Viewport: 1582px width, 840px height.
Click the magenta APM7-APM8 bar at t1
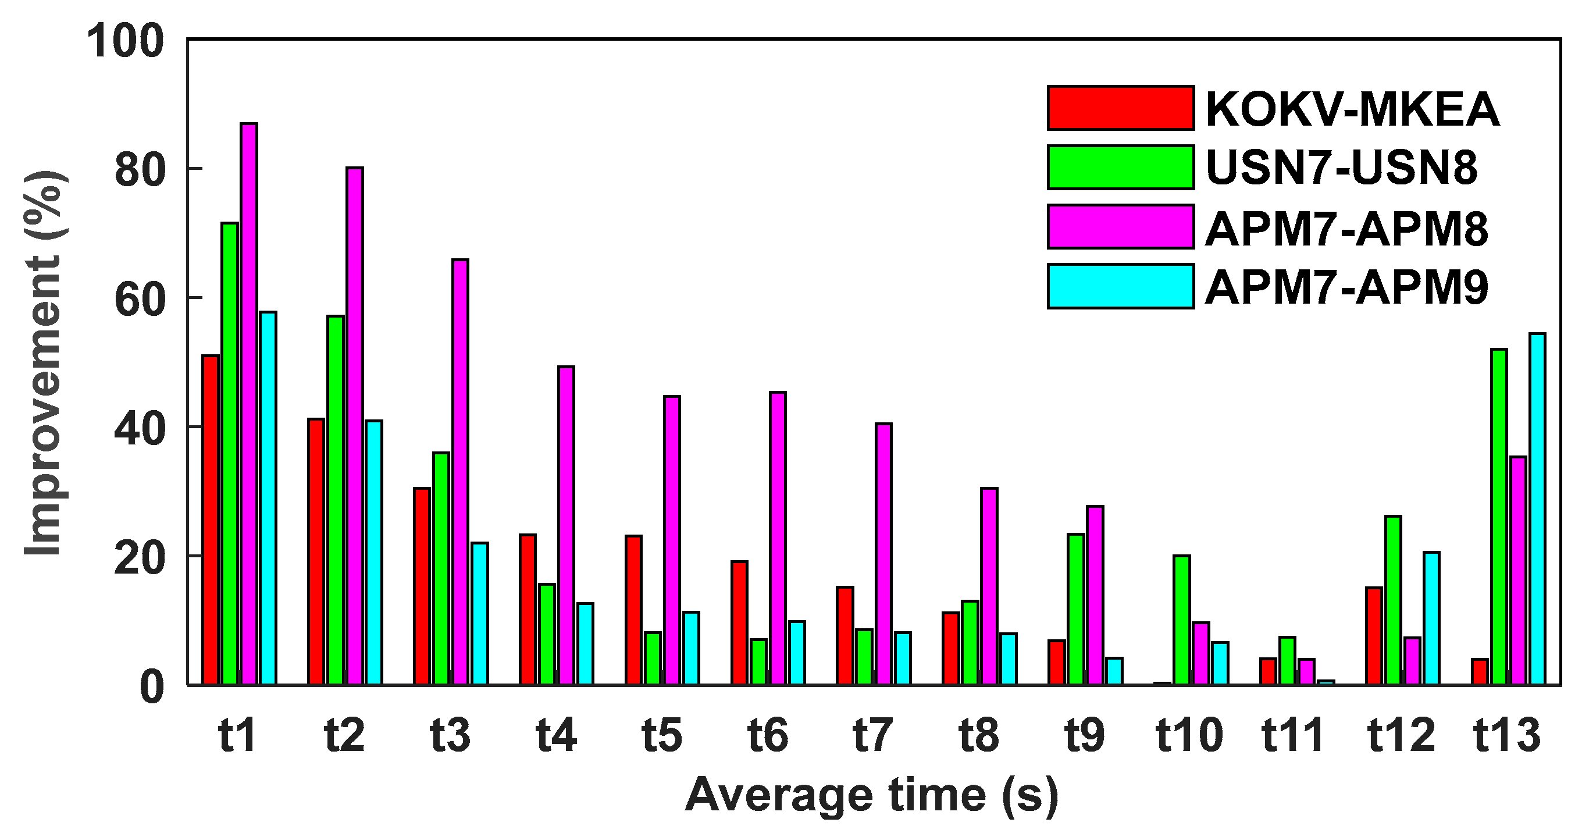(249, 404)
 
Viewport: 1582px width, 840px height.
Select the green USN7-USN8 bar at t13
(1498, 517)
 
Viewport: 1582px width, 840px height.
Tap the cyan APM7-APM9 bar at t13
(1537, 509)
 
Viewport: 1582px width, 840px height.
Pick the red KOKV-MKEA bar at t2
(316, 551)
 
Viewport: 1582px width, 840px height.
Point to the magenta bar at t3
(460, 472)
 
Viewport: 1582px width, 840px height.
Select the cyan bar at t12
(1431, 618)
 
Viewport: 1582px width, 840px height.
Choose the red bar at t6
(739, 622)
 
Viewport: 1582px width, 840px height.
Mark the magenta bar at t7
(883, 554)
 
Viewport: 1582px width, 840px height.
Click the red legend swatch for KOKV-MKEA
(1121, 108)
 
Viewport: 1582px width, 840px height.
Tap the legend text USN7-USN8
(1341, 167)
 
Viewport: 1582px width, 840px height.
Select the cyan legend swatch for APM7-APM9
(1121, 286)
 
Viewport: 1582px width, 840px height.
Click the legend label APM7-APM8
(1347, 229)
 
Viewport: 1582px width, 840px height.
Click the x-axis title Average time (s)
(872, 795)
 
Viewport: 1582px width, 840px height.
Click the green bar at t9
(1076, 609)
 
